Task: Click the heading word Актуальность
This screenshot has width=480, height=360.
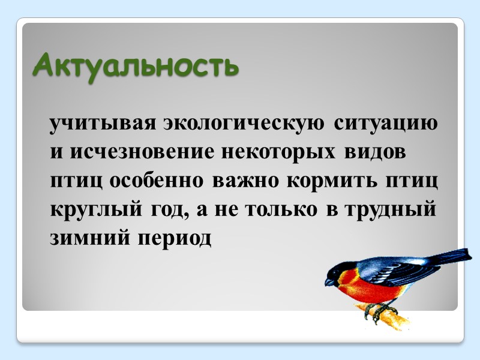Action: click(x=135, y=65)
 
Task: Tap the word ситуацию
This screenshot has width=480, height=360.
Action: click(x=385, y=124)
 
